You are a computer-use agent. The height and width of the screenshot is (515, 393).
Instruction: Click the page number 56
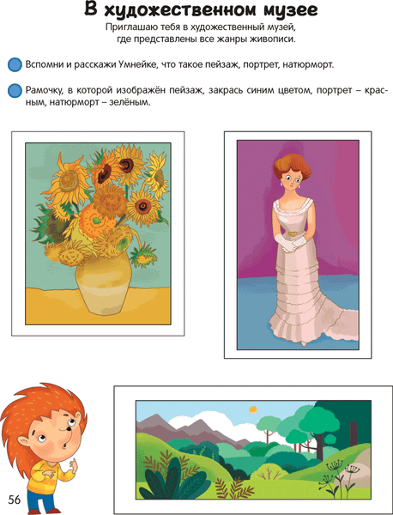point(15,500)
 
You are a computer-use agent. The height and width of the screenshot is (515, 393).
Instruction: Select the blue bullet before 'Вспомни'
point(13,65)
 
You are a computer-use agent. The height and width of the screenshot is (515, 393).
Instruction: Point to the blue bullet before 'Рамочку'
point(13,90)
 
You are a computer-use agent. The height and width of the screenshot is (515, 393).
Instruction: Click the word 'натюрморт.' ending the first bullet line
point(304,65)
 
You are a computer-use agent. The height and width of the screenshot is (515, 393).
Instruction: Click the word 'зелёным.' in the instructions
point(126,102)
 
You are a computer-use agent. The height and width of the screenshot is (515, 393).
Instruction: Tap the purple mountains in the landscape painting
point(163,423)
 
